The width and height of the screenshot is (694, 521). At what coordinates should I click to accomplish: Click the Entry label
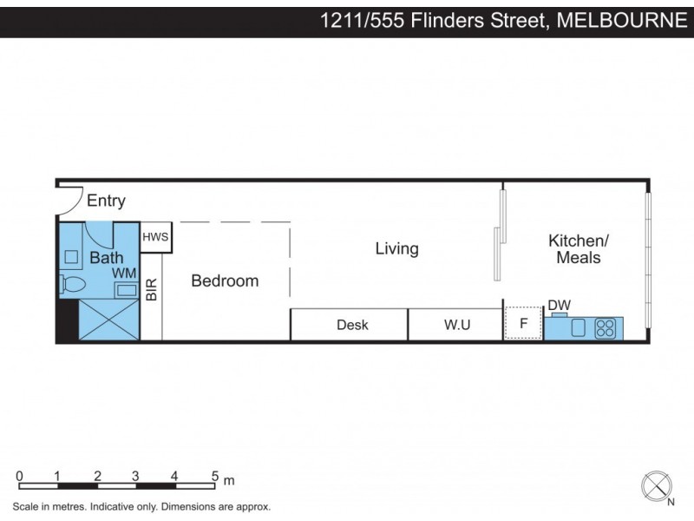pyautogui.click(x=106, y=201)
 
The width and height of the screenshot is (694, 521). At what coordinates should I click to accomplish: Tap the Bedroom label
pyautogui.click(x=225, y=280)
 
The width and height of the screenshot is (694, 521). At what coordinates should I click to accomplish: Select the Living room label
pyautogui.click(x=396, y=248)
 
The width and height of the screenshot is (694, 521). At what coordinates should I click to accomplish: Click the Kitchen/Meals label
pyautogui.click(x=579, y=248)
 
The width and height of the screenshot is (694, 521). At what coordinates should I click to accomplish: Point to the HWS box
pyautogui.click(x=155, y=237)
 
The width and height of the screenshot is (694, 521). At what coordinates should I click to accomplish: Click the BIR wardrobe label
pyautogui.click(x=152, y=289)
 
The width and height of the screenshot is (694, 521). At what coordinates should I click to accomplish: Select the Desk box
pyautogui.click(x=352, y=325)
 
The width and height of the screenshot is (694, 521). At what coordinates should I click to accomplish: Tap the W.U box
pyautogui.click(x=457, y=325)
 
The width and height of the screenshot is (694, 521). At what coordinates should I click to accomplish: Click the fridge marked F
pyautogui.click(x=523, y=324)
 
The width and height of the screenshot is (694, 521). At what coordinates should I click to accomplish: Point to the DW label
pyautogui.click(x=559, y=305)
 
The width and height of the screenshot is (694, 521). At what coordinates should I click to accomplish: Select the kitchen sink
pyautogui.click(x=579, y=328)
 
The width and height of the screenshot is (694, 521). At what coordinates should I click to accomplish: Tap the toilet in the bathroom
pyautogui.click(x=73, y=284)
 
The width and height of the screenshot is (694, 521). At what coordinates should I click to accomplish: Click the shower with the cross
pyautogui.click(x=108, y=320)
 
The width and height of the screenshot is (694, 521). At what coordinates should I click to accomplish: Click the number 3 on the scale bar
pyautogui.click(x=135, y=476)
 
